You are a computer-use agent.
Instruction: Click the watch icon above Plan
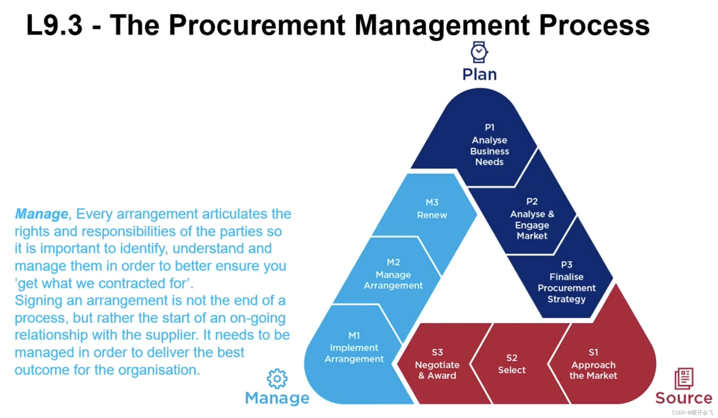[479, 52]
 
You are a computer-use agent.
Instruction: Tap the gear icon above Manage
[277, 378]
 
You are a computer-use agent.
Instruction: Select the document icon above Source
[684, 378]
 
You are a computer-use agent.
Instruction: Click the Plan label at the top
[479, 74]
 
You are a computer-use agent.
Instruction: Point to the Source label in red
[683, 398]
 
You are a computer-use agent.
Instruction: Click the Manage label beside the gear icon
[277, 398]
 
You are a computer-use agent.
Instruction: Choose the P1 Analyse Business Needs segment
[489, 145]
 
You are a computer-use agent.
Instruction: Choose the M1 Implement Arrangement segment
[354, 348]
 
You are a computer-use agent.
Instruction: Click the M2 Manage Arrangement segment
[393, 274]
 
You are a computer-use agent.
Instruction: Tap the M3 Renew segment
[432, 209]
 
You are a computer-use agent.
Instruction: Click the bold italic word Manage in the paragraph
[41, 214]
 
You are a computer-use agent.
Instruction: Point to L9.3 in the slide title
[54, 25]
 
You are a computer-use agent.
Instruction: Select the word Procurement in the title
[257, 25]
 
